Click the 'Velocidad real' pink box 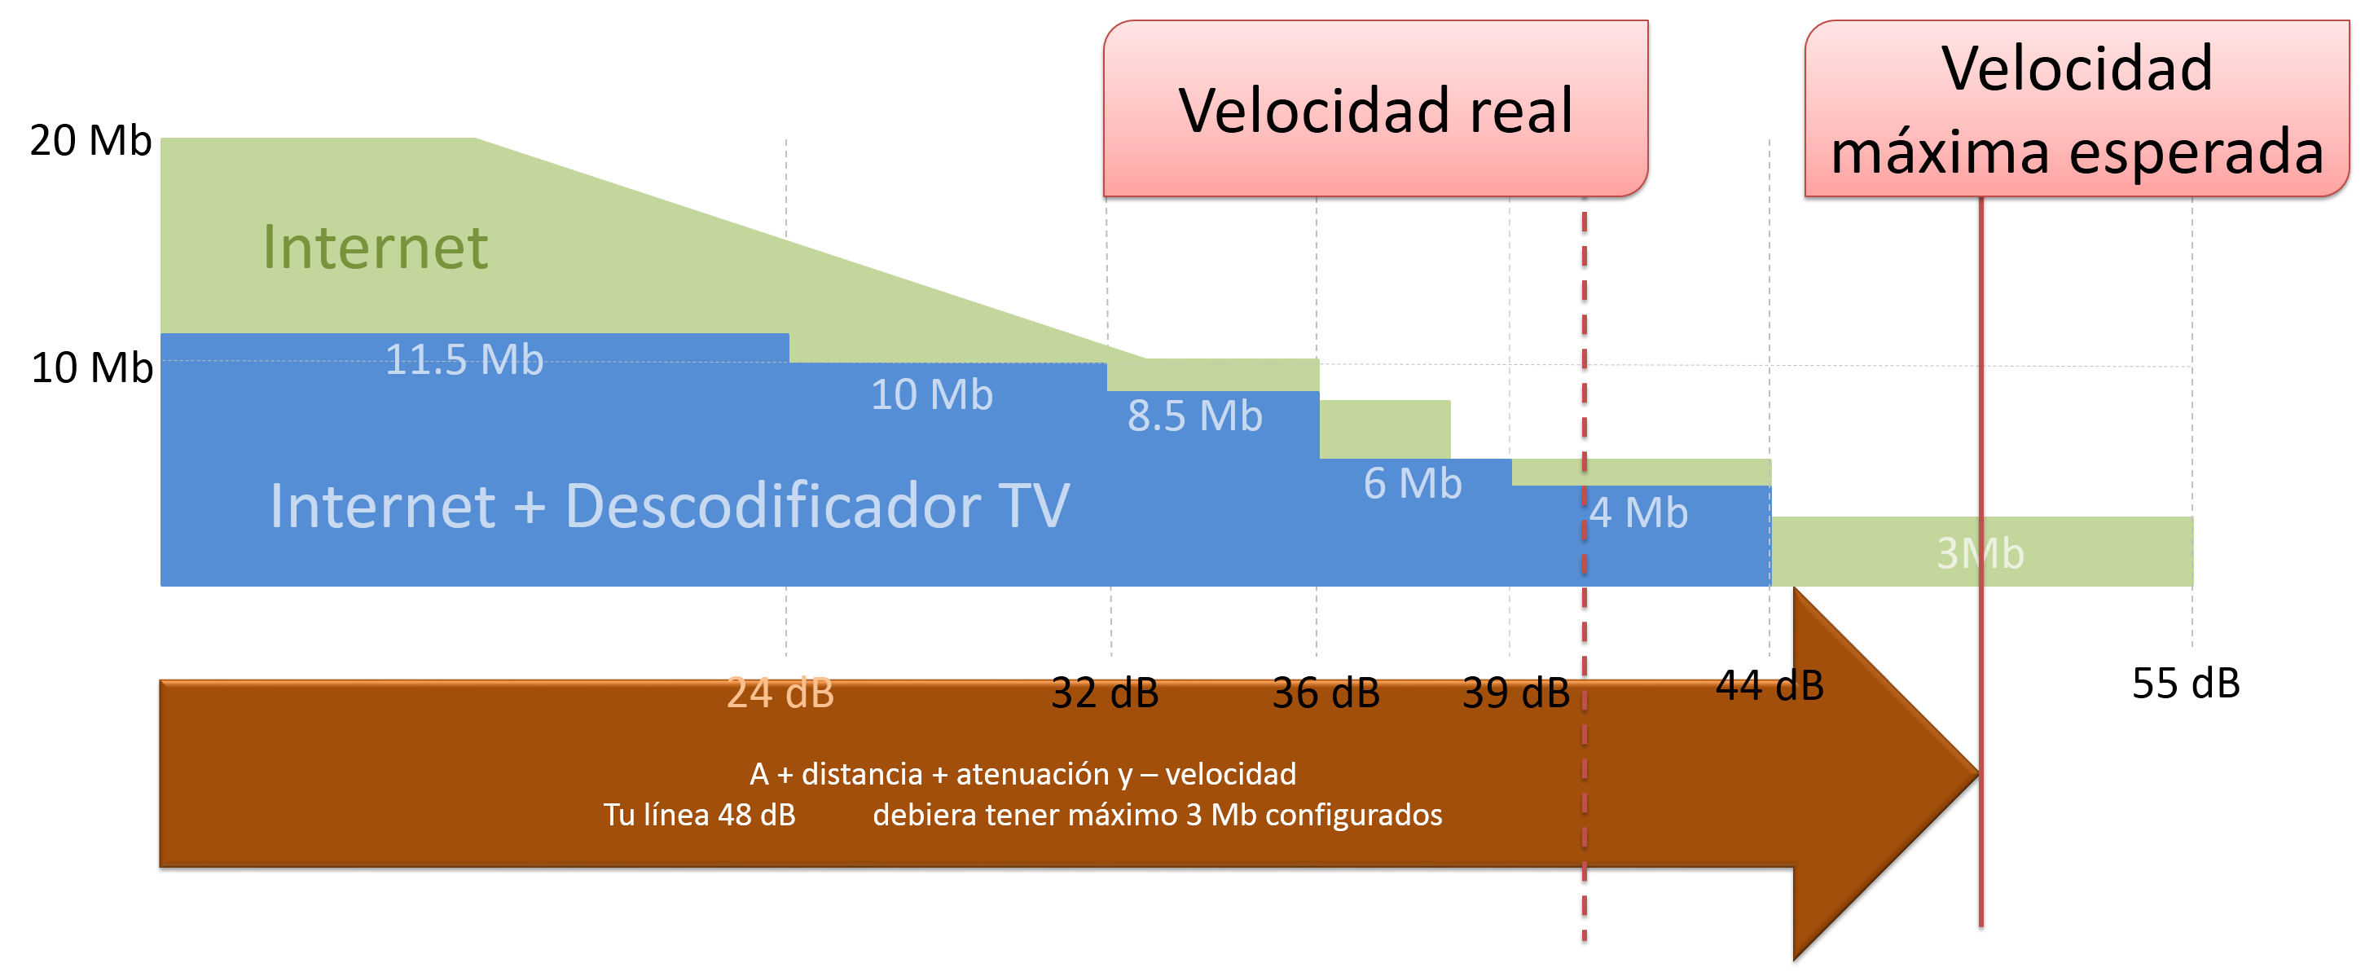click(x=1375, y=108)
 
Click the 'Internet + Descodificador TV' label click(x=669, y=506)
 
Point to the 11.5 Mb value click(x=464, y=359)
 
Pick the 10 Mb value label click(x=932, y=394)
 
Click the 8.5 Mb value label click(x=1194, y=416)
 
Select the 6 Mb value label click(x=1412, y=483)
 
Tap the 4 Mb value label click(x=1638, y=512)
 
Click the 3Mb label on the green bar click(x=1980, y=552)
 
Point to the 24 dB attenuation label click(x=780, y=693)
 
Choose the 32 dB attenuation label click(x=1104, y=693)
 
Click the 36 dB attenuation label click(x=1325, y=693)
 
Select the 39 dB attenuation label click(x=1515, y=693)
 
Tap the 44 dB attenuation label click(x=1770, y=686)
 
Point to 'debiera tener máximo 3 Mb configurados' click(x=1158, y=815)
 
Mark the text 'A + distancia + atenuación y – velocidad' click(x=1023, y=774)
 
